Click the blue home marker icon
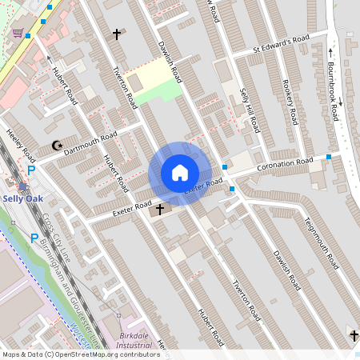click(x=179, y=173)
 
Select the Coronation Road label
click(x=285, y=164)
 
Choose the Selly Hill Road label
click(x=250, y=111)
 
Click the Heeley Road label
click(x=20, y=144)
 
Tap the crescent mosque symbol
click(x=56, y=146)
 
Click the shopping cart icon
click(x=18, y=33)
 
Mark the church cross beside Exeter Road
click(x=159, y=210)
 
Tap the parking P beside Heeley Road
click(x=31, y=170)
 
